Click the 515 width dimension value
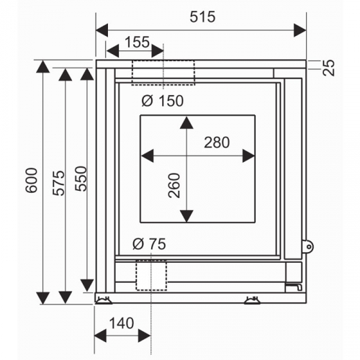(x=202, y=17)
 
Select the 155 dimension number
(x=138, y=42)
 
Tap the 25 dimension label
(x=329, y=68)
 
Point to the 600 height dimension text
(x=32, y=180)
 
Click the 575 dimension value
(x=59, y=183)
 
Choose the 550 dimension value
(x=81, y=179)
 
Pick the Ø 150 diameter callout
(x=163, y=101)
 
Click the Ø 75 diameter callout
(x=149, y=244)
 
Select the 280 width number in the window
(x=217, y=143)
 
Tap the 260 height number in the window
(x=174, y=185)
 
